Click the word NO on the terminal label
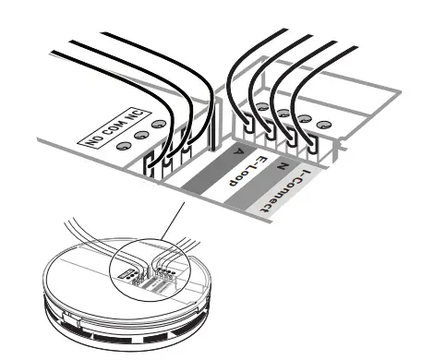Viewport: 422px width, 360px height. tap(93, 140)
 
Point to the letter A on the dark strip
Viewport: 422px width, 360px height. tap(237, 150)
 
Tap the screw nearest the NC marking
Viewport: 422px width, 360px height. tap(160, 125)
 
